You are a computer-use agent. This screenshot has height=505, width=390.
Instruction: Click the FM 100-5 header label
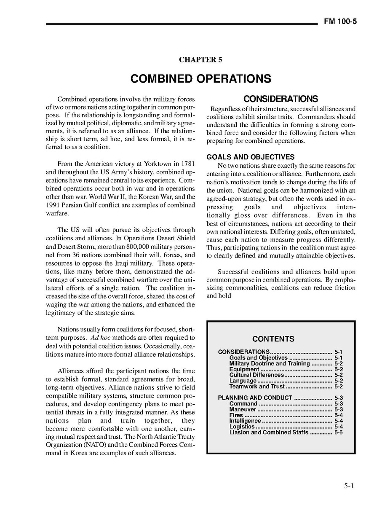pyautogui.click(x=340, y=22)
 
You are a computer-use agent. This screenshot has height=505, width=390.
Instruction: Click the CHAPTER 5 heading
pyautogui.click(x=200, y=59)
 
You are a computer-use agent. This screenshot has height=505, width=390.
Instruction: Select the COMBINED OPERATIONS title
pyautogui.click(x=200, y=79)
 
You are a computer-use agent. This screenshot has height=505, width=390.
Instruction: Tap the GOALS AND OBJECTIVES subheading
pyautogui.click(x=250, y=157)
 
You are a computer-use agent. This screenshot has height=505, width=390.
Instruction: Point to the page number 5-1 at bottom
pyautogui.click(x=348, y=486)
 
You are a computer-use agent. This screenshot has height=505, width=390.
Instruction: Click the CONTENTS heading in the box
pyautogui.click(x=273, y=339)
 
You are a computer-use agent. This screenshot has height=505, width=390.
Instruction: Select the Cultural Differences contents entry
pyautogui.click(x=256, y=375)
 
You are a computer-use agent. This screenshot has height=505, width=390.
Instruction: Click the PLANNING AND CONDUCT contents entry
pyautogui.click(x=255, y=398)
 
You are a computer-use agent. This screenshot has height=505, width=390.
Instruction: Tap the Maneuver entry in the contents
pyautogui.click(x=243, y=409)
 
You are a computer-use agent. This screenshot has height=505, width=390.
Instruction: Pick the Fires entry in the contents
pyautogui.click(x=236, y=415)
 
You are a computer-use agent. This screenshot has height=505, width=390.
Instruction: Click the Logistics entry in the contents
pyautogui.click(x=242, y=427)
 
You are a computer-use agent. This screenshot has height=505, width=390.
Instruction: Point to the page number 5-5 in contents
pyautogui.click(x=338, y=432)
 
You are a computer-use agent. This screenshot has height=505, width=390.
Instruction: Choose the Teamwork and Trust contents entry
pyautogui.click(x=257, y=386)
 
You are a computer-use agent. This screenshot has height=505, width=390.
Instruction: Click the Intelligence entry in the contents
pyautogui.click(x=245, y=421)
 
